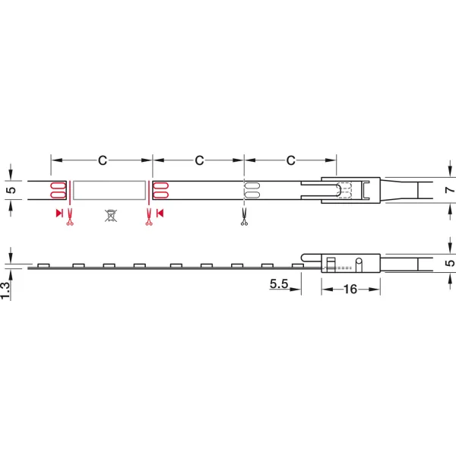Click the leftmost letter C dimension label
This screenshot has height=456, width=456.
pos(103,160)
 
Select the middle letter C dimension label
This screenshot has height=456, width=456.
pos(199,160)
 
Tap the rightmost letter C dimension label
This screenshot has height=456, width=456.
pos(291,160)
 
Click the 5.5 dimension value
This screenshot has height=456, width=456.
pos(279,283)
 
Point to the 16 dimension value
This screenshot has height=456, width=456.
pos(350,289)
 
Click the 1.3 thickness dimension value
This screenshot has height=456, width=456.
pos(5,290)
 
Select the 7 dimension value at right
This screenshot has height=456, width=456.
pos(450,190)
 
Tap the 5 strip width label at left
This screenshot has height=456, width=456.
pos(11,190)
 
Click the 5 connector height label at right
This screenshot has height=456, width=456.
pos(450,263)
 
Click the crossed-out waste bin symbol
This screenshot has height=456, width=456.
pos(111,216)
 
